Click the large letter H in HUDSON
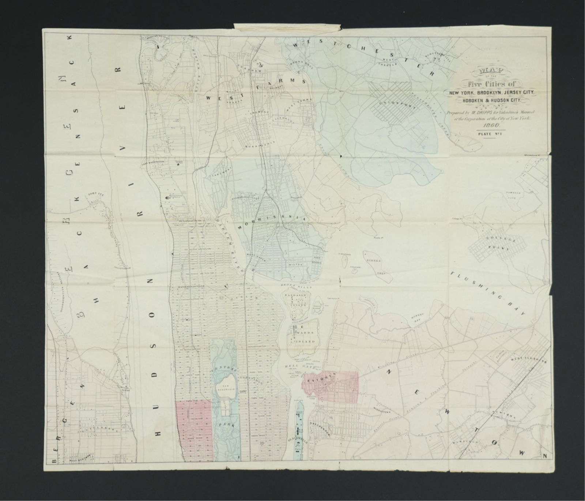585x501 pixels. pos(158,433)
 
